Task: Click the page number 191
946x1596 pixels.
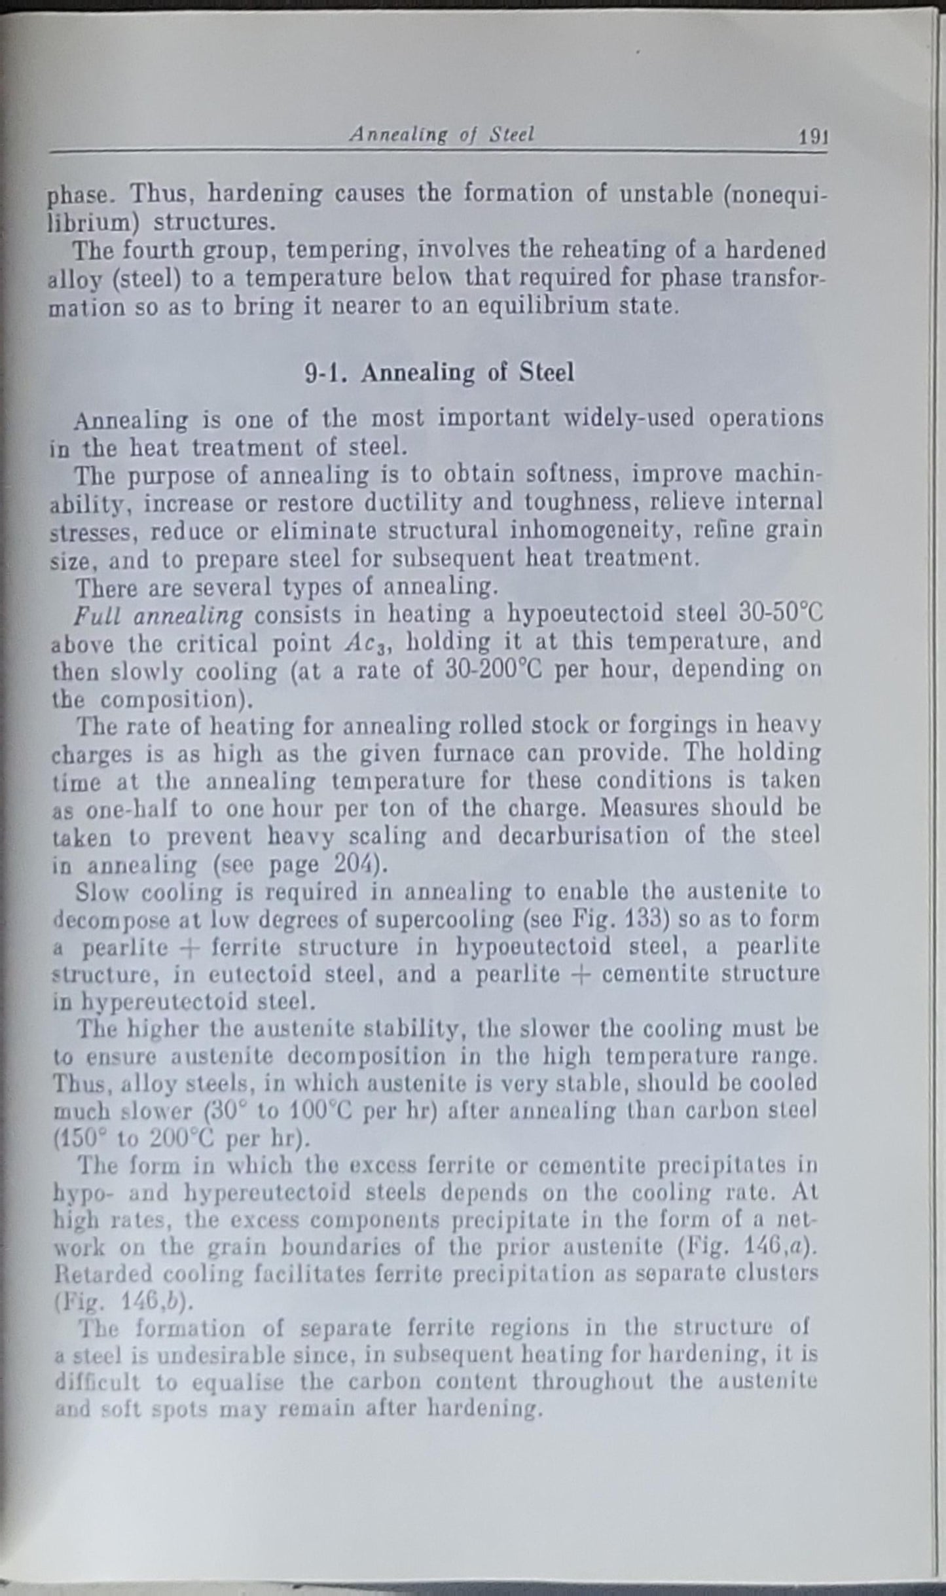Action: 812,137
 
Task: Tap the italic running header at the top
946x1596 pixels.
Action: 441,134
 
